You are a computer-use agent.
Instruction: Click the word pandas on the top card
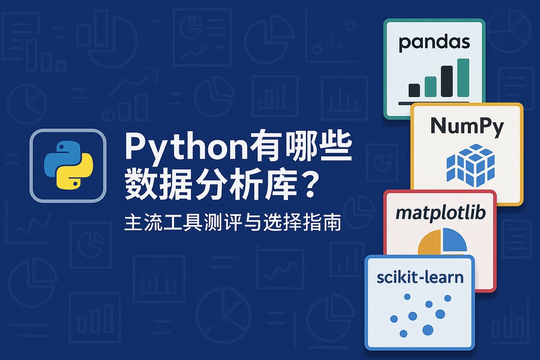[x=434, y=42]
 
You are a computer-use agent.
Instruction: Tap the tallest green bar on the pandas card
[x=464, y=77]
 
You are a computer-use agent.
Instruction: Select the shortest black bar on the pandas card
[x=414, y=90]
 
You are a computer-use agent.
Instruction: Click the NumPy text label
[x=467, y=127]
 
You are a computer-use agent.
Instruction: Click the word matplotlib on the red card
[x=440, y=213]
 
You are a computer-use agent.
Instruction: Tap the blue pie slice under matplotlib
[x=457, y=240]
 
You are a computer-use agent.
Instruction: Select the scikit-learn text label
[x=420, y=277]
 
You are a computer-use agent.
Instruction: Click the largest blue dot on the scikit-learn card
[x=428, y=329]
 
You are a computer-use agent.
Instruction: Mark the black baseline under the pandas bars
[x=435, y=101]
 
